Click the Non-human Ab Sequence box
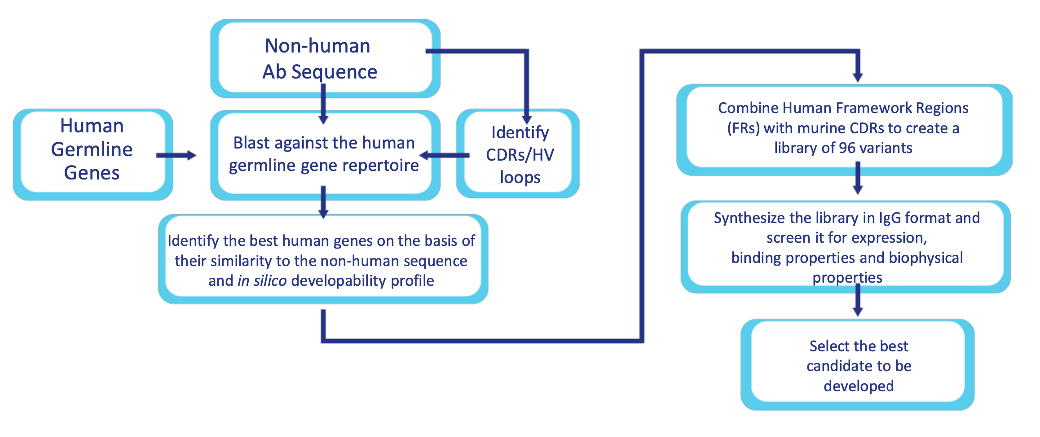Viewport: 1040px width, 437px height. point(325,58)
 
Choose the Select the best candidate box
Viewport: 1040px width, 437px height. point(858,365)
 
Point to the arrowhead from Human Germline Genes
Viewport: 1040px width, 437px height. point(192,155)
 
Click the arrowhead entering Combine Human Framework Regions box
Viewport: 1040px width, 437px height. point(857,77)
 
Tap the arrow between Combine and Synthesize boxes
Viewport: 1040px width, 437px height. point(857,179)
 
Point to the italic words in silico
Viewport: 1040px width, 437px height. point(262,281)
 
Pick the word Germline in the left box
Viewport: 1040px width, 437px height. point(92,149)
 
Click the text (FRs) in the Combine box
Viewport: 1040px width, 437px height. point(743,128)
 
